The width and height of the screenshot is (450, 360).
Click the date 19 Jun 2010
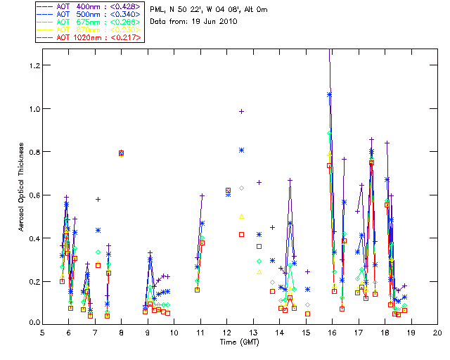click(x=213, y=22)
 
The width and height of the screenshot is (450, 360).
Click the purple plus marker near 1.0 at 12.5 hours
click(x=241, y=111)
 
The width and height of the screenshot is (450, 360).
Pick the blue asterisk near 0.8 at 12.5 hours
click(x=241, y=150)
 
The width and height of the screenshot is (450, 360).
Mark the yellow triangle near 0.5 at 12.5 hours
click(x=241, y=217)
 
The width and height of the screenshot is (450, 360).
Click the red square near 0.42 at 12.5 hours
click(x=241, y=234)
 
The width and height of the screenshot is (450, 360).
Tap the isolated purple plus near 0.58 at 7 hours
click(x=98, y=199)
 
